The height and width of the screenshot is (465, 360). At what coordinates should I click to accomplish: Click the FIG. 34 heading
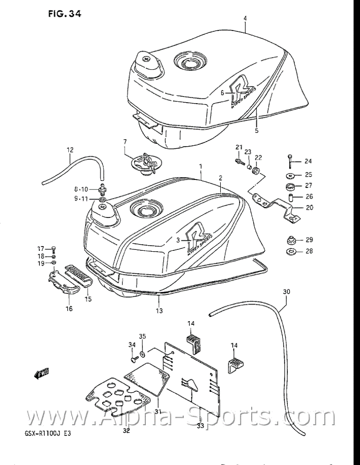click(65, 14)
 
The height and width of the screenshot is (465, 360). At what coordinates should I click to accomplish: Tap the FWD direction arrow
click(42, 373)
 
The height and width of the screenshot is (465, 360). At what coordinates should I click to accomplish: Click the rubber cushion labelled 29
click(290, 240)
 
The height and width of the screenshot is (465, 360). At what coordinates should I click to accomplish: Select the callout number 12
click(70, 150)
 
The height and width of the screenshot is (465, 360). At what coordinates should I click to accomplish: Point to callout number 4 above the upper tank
click(244, 18)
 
